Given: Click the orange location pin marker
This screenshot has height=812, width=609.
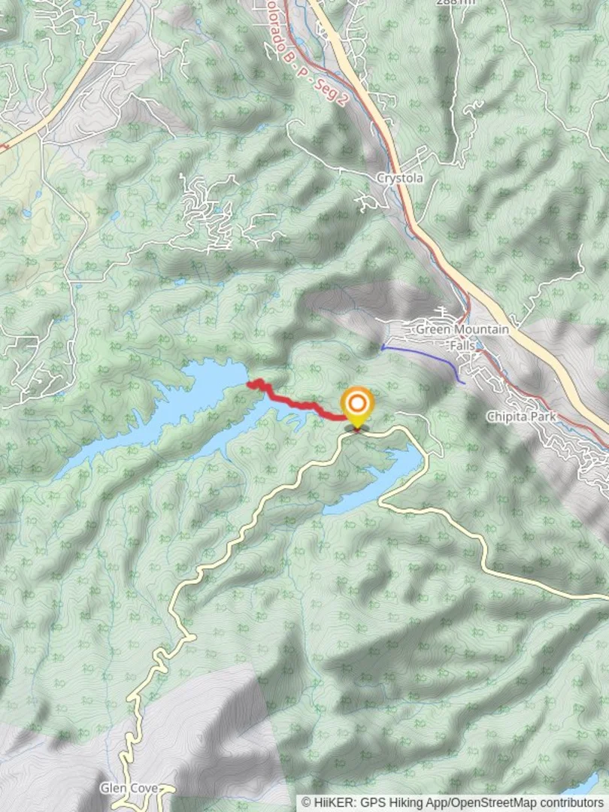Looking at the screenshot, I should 356,404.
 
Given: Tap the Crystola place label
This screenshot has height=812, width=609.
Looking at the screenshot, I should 400,178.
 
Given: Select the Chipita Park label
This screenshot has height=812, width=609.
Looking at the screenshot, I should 519,416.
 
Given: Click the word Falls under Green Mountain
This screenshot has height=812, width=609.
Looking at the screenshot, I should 462,344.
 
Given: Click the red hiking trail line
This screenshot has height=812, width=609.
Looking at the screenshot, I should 301,404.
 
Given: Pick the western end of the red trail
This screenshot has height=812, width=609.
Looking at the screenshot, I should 250,384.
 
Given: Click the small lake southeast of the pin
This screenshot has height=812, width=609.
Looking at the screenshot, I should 376,481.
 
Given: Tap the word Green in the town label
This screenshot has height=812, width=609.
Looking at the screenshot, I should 432,329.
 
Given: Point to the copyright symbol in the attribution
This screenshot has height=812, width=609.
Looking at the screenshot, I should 306,803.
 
